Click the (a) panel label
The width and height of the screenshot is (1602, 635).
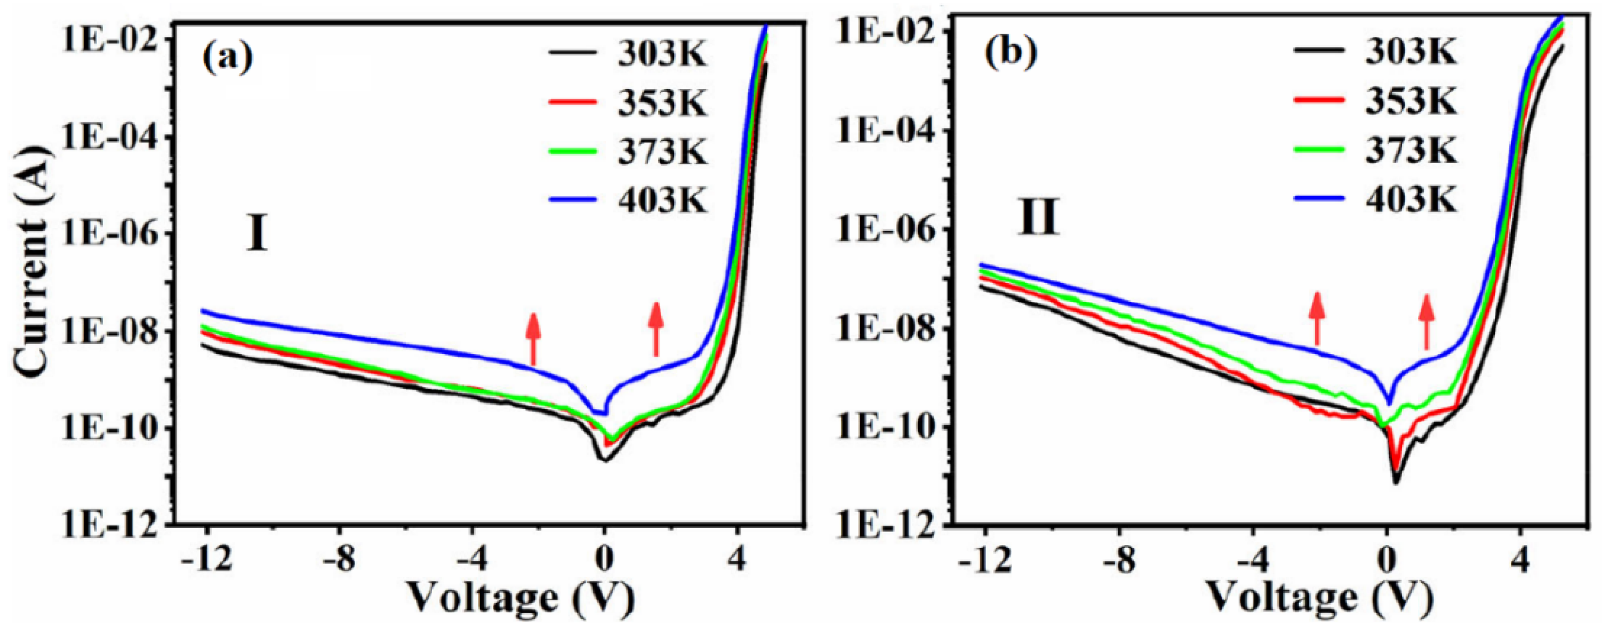(x=228, y=58)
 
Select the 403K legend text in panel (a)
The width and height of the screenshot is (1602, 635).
(x=662, y=201)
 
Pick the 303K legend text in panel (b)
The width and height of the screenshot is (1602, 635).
(x=1411, y=53)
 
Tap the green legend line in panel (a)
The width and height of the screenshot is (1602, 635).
(x=573, y=151)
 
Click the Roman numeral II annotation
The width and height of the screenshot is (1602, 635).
(x=1038, y=219)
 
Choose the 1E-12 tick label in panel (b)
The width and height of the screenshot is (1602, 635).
(x=887, y=526)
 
